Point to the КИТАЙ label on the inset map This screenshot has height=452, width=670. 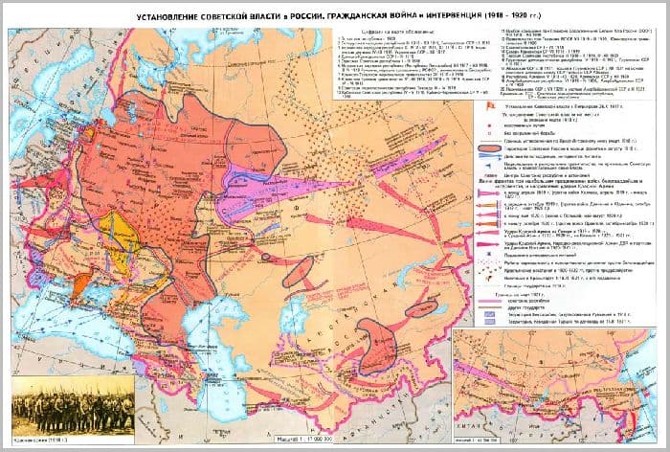tap(574, 421)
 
